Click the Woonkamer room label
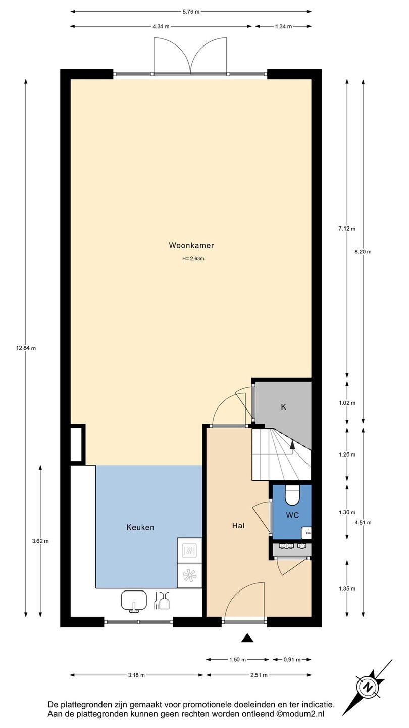(x=191, y=245)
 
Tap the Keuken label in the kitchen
(x=140, y=527)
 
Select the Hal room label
(x=238, y=526)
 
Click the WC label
(x=292, y=515)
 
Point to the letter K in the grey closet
(x=283, y=407)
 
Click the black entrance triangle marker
(x=247, y=647)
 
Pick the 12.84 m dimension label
(x=26, y=348)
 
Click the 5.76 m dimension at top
(x=191, y=12)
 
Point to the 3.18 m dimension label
(x=136, y=675)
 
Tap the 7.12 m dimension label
(x=347, y=229)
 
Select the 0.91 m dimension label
(x=292, y=659)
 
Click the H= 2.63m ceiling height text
(x=193, y=259)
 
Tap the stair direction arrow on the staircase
(x=292, y=448)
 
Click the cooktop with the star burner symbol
(x=189, y=575)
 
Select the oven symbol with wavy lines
(x=189, y=551)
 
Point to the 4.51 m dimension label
(x=363, y=523)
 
